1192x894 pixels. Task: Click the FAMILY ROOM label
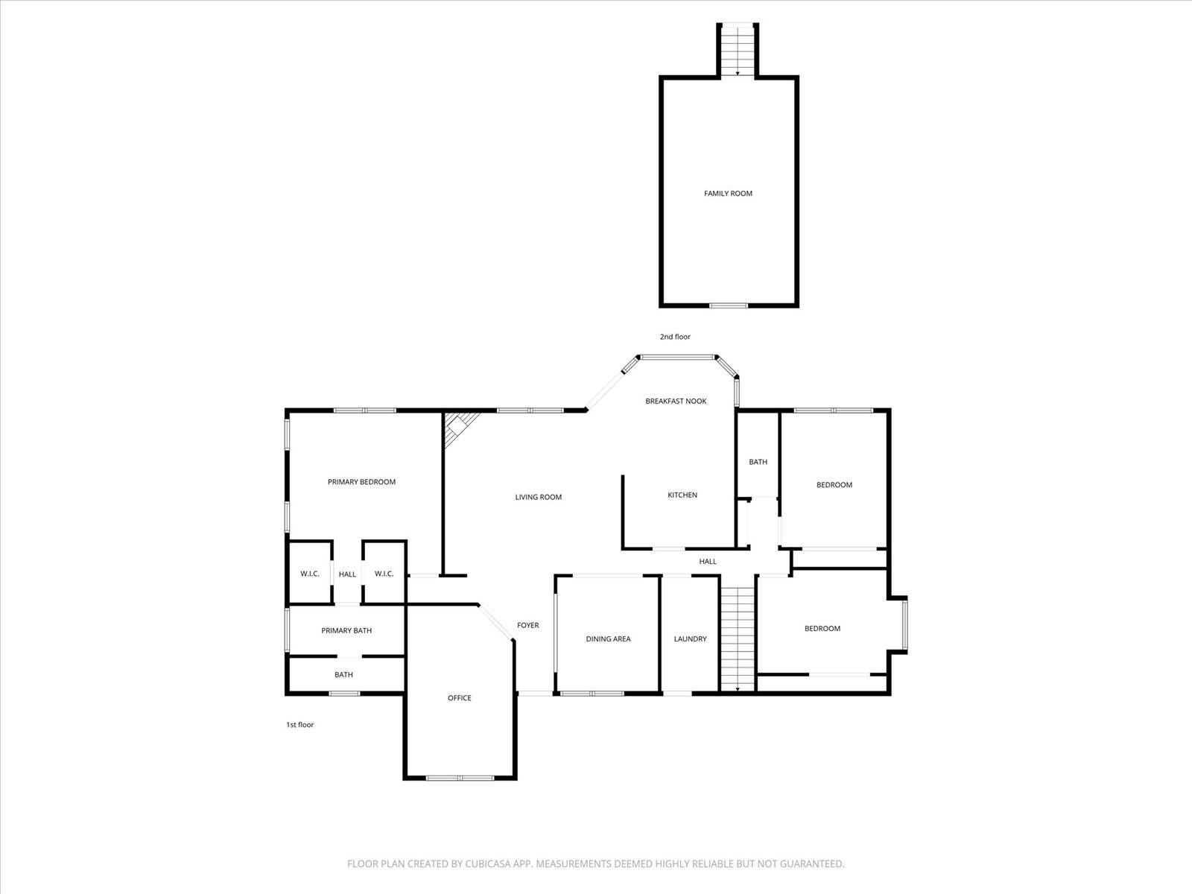coord(728,193)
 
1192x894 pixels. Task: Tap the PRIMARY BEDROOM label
coord(361,482)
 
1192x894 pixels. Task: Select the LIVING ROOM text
coord(538,497)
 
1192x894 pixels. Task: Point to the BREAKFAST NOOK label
coord(676,401)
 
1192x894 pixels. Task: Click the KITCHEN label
coord(682,495)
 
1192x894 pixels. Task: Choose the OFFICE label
coord(459,698)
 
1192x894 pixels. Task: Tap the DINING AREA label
coord(608,639)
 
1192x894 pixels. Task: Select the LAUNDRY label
coord(690,639)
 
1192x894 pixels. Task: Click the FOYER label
coord(528,625)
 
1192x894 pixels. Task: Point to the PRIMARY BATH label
coord(346,631)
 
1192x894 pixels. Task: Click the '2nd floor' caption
coord(675,337)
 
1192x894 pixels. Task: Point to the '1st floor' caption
coord(299,725)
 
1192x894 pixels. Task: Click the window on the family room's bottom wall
coord(728,305)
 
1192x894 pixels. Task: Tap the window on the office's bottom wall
coord(460,778)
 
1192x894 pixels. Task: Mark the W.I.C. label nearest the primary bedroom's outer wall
coord(309,574)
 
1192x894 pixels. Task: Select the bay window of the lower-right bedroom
coord(904,624)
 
